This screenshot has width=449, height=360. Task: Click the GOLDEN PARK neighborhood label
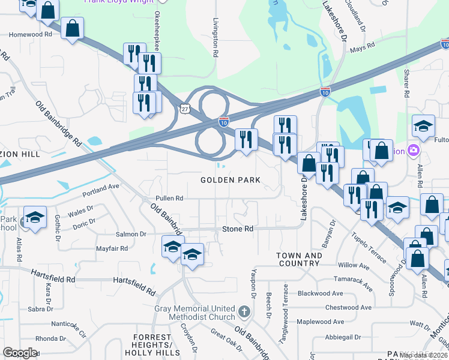[231, 180]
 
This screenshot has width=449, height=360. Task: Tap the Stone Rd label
[238, 229]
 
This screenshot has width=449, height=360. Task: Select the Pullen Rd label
[169, 198]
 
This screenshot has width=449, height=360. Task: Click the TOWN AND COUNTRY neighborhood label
[300, 260]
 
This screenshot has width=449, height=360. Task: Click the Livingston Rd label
[215, 37]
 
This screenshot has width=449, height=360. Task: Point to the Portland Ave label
[101, 187]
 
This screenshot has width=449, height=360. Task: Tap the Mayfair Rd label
[112, 248]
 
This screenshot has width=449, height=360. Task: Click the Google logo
[20, 353]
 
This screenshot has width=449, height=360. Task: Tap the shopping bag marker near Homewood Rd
[72, 29]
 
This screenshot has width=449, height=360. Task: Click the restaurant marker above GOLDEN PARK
[246, 140]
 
